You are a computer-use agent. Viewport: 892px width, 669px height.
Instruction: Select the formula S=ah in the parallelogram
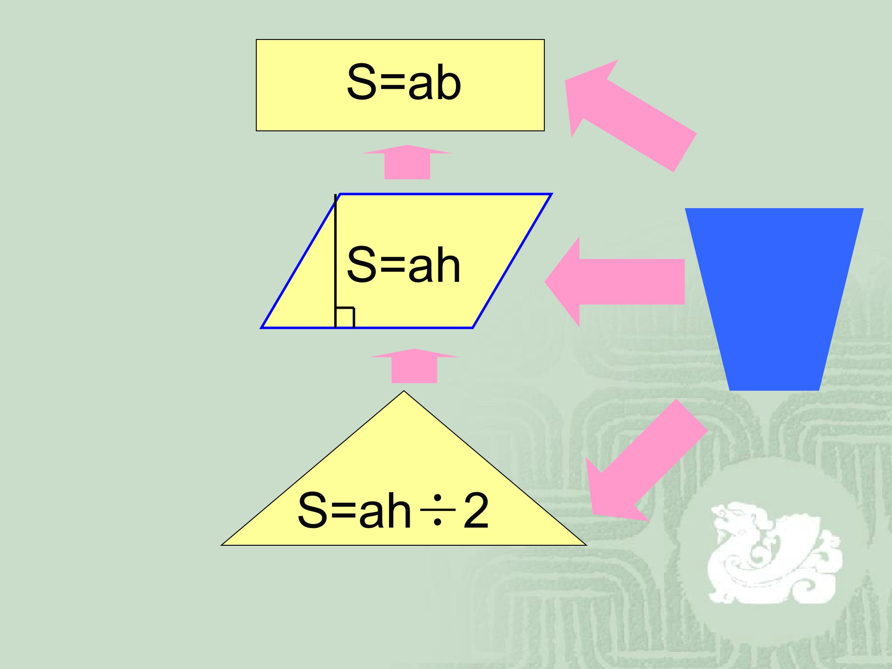pos(403,265)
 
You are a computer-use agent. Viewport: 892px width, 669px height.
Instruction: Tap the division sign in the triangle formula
pos(438,510)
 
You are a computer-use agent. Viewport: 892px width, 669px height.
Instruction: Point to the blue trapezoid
pos(774,299)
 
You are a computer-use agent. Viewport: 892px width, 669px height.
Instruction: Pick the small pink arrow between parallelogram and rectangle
pos(407,162)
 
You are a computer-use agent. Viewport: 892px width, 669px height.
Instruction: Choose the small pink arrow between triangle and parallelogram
pos(414,365)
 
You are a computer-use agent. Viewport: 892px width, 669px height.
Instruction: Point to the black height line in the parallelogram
pos(335,261)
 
